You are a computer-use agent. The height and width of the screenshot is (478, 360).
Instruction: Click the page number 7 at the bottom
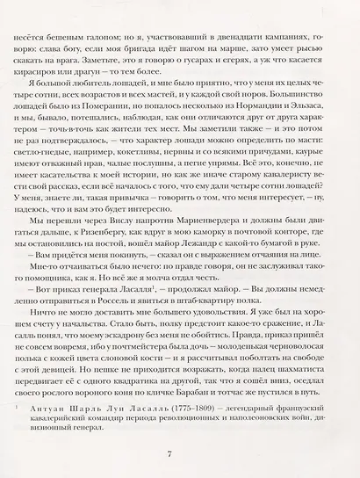pos(180,452)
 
